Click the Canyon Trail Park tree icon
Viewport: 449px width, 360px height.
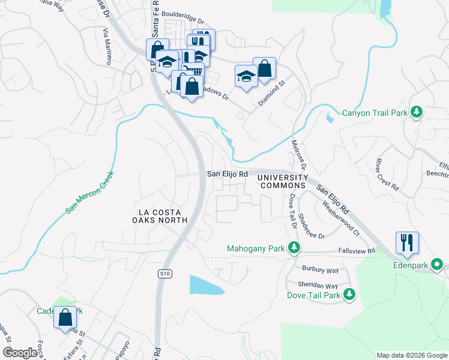click(x=416, y=112)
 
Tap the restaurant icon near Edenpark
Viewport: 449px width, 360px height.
click(x=406, y=242)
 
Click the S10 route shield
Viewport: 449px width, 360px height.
click(x=165, y=274)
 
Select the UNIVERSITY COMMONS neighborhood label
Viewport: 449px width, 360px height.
click(x=284, y=181)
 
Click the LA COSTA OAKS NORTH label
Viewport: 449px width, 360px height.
click(x=163, y=216)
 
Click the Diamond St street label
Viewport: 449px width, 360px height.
click(x=271, y=95)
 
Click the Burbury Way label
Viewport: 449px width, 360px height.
click(x=320, y=270)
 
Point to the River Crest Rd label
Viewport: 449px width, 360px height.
click(x=386, y=174)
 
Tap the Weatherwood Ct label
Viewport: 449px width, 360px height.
click(x=340, y=214)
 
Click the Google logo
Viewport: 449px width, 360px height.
click(x=20, y=352)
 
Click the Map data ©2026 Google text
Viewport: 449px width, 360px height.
click(x=411, y=355)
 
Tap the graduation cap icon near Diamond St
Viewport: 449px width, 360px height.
click(x=246, y=76)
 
